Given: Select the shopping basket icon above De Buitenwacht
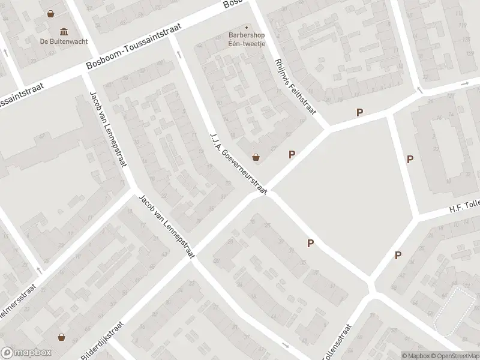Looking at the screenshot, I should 52,13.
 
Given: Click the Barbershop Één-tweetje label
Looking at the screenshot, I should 247,39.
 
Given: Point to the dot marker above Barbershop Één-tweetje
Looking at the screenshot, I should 247,26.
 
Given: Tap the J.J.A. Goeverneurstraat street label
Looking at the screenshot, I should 238,162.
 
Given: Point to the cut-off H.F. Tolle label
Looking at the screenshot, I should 464,206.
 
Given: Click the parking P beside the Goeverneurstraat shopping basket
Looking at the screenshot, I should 292,154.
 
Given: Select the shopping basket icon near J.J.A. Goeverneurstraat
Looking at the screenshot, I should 256,157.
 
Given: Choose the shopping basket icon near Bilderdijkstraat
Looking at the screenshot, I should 61,337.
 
